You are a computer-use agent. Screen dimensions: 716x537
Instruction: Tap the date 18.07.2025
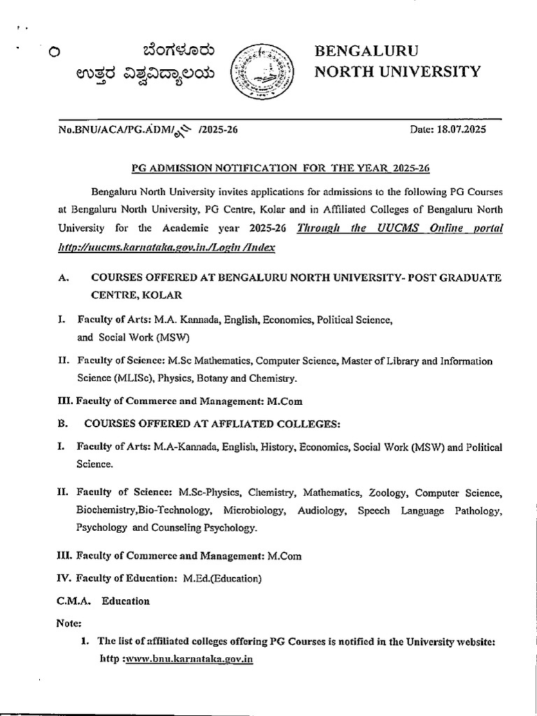tap(454, 130)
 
